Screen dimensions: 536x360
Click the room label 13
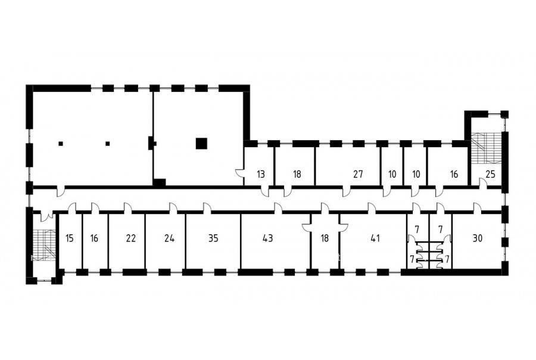pyautogui.click(x=261, y=174)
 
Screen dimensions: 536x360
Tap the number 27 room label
pyautogui.click(x=358, y=174)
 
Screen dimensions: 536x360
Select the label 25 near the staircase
pyautogui.click(x=490, y=174)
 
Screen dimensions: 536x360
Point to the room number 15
pyautogui.click(x=70, y=238)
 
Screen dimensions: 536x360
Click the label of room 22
pyautogui.click(x=131, y=238)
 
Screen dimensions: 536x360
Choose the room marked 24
pyautogui.click(x=169, y=238)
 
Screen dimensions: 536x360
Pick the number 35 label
pyautogui.click(x=213, y=238)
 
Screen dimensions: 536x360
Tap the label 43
pyautogui.click(x=267, y=238)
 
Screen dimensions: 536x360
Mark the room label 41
pyautogui.click(x=375, y=238)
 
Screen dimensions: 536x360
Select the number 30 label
pyautogui.click(x=477, y=238)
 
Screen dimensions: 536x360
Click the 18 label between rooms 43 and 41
pyautogui.click(x=325, y=238)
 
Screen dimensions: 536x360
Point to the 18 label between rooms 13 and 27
pyautogui.click(x=297, y=174)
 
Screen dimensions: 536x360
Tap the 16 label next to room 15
pyautogui.click(x=94, y=238)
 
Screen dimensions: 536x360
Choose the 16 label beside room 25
pyautogui.click(x=454, y=174)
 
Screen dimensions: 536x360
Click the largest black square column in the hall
pyautogui.click(x=201, y=144)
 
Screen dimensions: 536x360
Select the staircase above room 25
pyautogui.click(x=487, y=148)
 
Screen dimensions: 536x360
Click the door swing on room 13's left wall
pyautogui.click(x=239, y=173)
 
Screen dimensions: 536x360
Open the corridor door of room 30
pyautogui.click(x=476, y=207)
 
